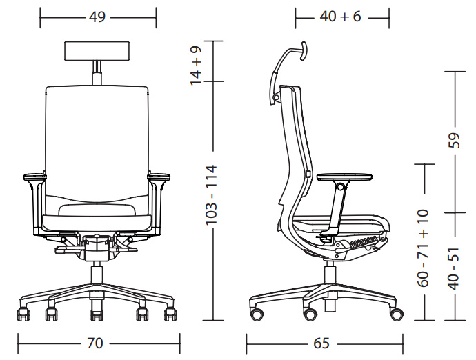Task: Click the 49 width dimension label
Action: click(97, 17)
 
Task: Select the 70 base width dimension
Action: click(95, 343)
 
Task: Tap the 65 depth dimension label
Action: click(321, 343)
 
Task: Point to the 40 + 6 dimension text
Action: click(340, 17)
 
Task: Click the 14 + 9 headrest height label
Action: click(196, 66)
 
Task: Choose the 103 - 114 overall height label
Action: click(212, 195)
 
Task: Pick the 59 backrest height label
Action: click(455, 140)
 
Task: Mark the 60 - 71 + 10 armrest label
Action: click(423, 248)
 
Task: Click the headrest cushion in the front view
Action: click(97, 51)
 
